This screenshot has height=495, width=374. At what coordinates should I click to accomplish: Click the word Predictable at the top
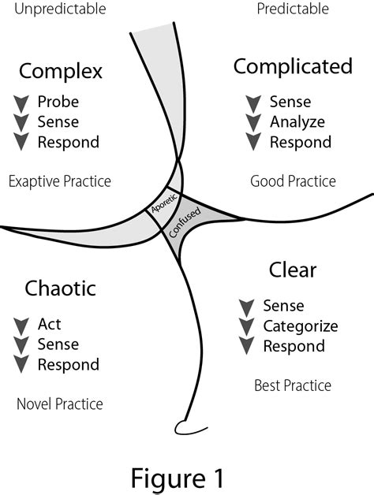pos(294,10)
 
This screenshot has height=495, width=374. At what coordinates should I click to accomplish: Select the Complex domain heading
pos(61,72)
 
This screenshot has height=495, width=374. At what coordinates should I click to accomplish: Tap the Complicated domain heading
pos(293,66)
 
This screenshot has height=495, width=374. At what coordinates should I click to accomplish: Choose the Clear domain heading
pos(293,270)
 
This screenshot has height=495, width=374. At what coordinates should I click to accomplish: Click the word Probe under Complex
pos(58,102)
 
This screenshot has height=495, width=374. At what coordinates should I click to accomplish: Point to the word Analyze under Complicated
pos(297,122)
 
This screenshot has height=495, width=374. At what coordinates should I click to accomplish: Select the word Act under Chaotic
pos(49,324)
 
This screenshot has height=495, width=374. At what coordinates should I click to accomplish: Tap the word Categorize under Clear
pos(301,326)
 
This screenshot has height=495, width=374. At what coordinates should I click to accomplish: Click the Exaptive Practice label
pos(59,182)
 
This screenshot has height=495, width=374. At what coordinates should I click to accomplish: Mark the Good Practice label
pos(293,182)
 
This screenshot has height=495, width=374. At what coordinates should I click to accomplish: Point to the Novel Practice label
pos(59,404)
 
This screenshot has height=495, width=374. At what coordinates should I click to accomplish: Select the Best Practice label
pos(293,385)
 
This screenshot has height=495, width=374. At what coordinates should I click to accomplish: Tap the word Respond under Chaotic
pos(69,365)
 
